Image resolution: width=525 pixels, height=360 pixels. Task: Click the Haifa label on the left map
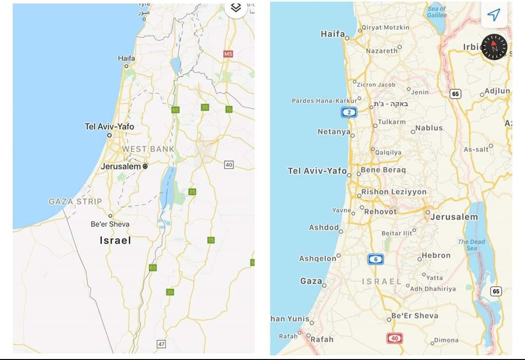point(126,58)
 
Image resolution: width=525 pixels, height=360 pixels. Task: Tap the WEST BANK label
point(148,149)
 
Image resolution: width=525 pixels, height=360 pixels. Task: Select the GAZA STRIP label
point(75,201)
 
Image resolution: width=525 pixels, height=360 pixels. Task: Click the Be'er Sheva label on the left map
point(110,224)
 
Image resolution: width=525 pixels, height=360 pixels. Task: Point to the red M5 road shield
point(228,54)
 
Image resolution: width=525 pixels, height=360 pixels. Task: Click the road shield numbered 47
point(161,344)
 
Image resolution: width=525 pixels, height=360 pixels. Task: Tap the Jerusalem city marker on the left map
point(145,166)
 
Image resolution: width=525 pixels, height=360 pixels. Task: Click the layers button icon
point(236,8)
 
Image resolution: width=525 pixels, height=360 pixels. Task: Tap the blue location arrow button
point(493,15)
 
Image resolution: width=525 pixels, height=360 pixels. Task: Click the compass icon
point(494,48)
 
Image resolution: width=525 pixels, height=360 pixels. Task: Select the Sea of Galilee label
point(437,12)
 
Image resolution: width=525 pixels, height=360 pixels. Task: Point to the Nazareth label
point(382,51)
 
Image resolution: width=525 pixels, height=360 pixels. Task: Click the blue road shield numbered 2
point(349,112)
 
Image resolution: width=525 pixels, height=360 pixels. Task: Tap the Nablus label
point(429,128)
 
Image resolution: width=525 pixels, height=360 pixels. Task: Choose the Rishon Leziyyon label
point(394,192)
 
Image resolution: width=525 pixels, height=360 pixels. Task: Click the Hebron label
point(436,256)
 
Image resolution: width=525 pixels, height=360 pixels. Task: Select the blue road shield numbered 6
point(375,259)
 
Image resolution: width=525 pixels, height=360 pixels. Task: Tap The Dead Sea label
point(471,245)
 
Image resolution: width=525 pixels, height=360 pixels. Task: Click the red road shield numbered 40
point(394,338)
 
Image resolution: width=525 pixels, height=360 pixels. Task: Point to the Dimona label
point(446,341)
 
